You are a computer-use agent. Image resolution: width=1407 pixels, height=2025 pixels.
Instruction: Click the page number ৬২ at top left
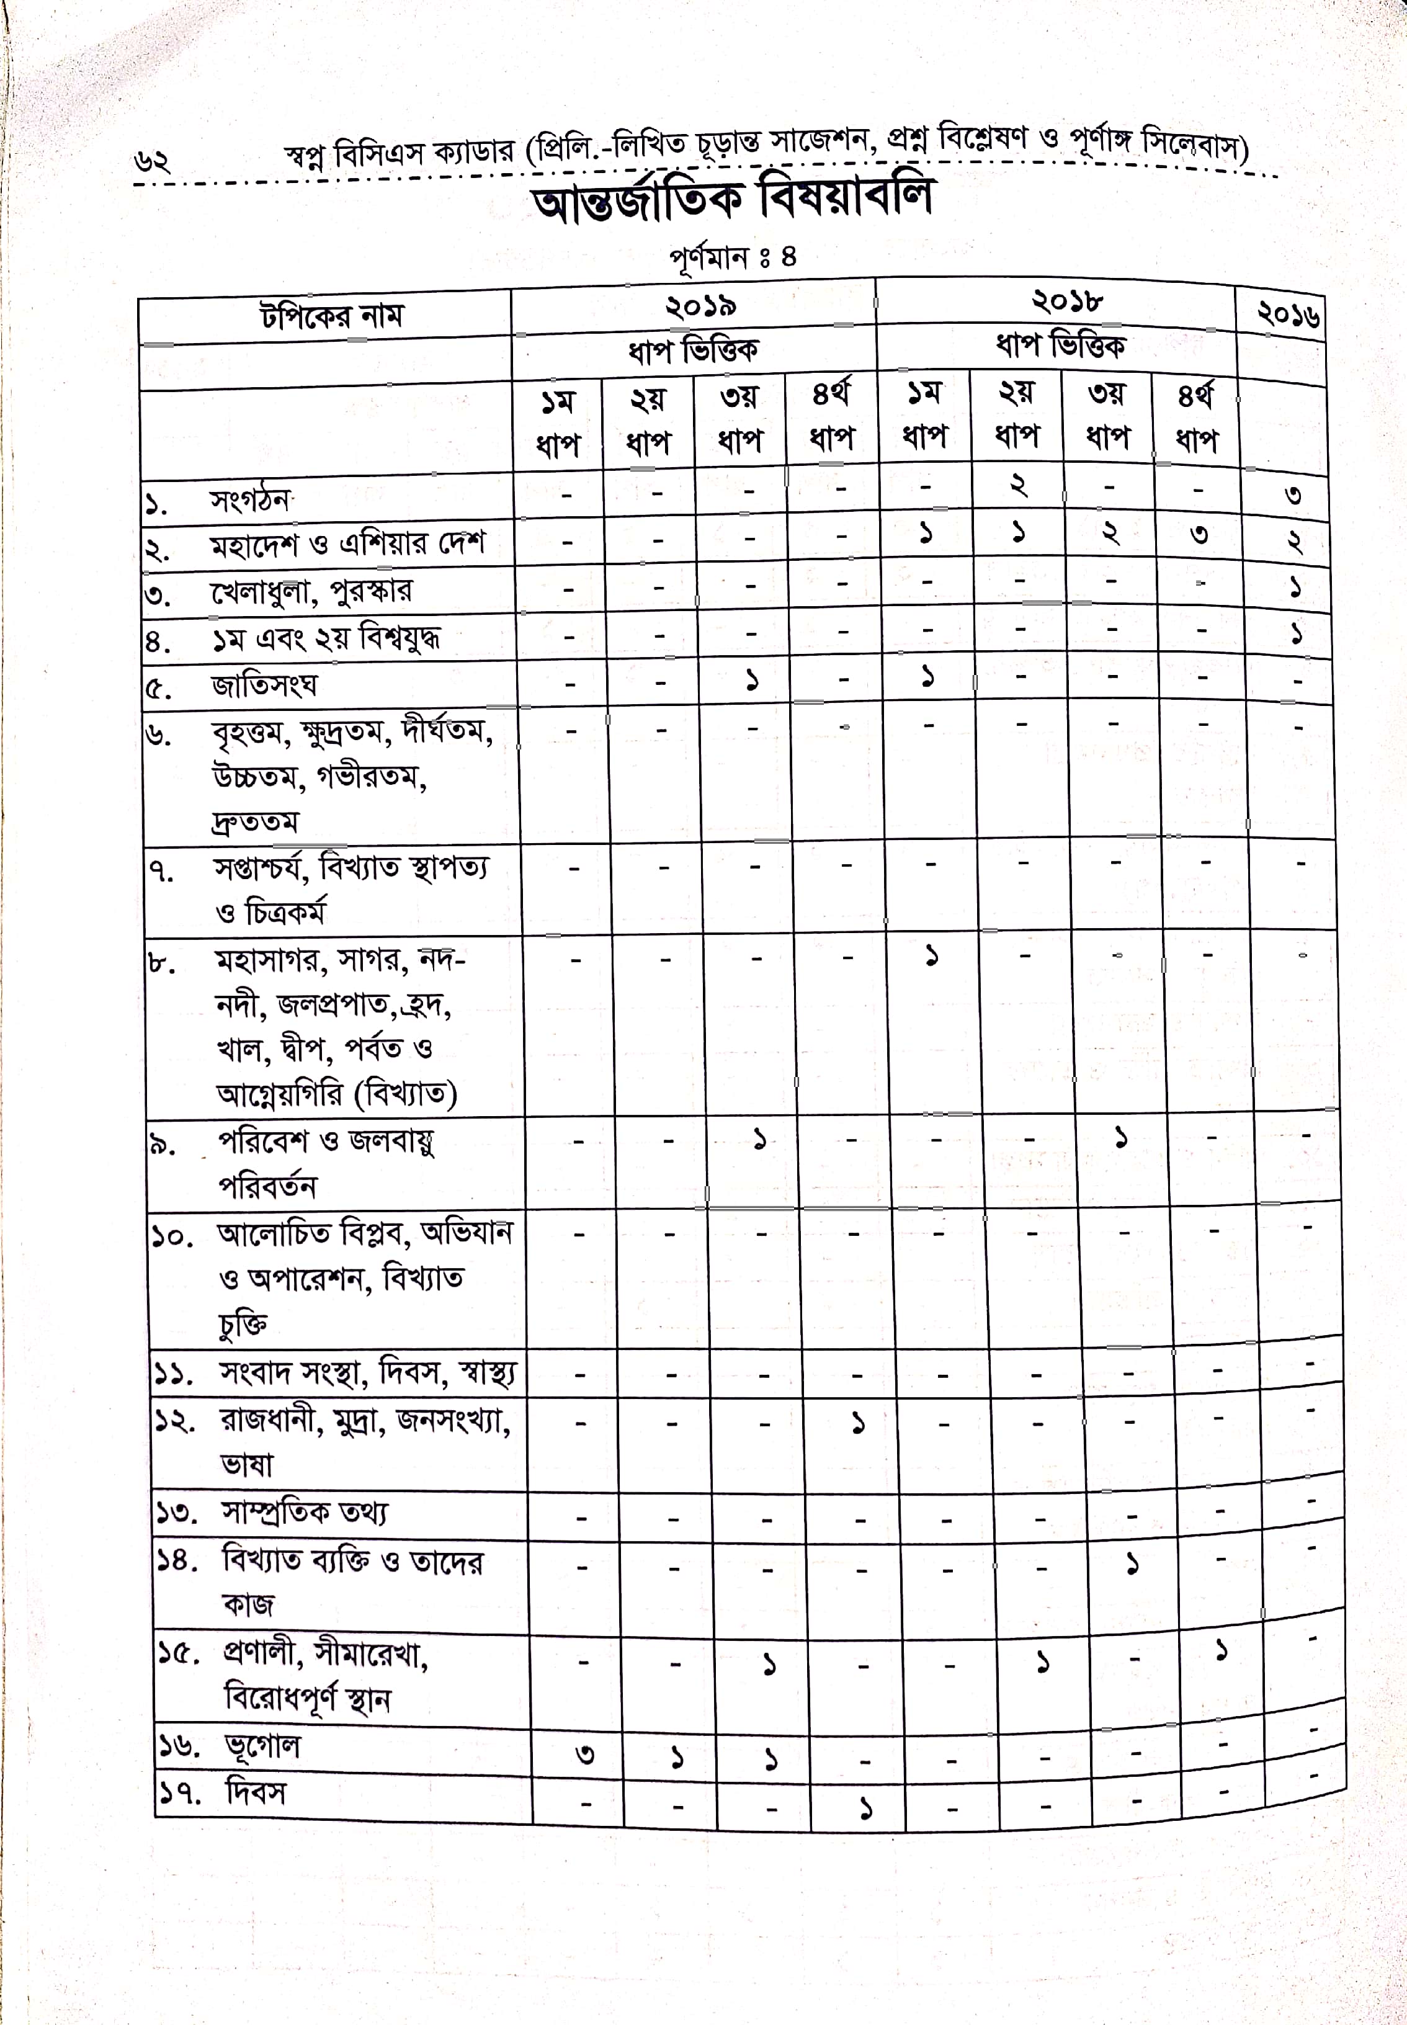(151, 161)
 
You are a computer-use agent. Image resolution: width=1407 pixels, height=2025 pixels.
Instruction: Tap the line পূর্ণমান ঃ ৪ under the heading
(731, 258)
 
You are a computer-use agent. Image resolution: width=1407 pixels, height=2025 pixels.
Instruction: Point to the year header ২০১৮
(1066, 302)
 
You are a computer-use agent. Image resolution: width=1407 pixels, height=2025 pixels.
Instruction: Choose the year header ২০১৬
(1288, 314)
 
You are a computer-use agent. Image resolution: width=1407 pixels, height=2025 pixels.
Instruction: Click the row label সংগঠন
(249, 500)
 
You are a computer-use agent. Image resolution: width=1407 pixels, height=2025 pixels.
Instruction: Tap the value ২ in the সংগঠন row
(1018, 485)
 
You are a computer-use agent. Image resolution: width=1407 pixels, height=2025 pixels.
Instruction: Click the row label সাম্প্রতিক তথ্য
(304, 1513)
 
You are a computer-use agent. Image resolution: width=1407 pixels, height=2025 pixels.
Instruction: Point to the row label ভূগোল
(262, 1746)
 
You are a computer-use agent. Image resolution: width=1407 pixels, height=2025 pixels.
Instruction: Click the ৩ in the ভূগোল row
(584, 1755)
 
